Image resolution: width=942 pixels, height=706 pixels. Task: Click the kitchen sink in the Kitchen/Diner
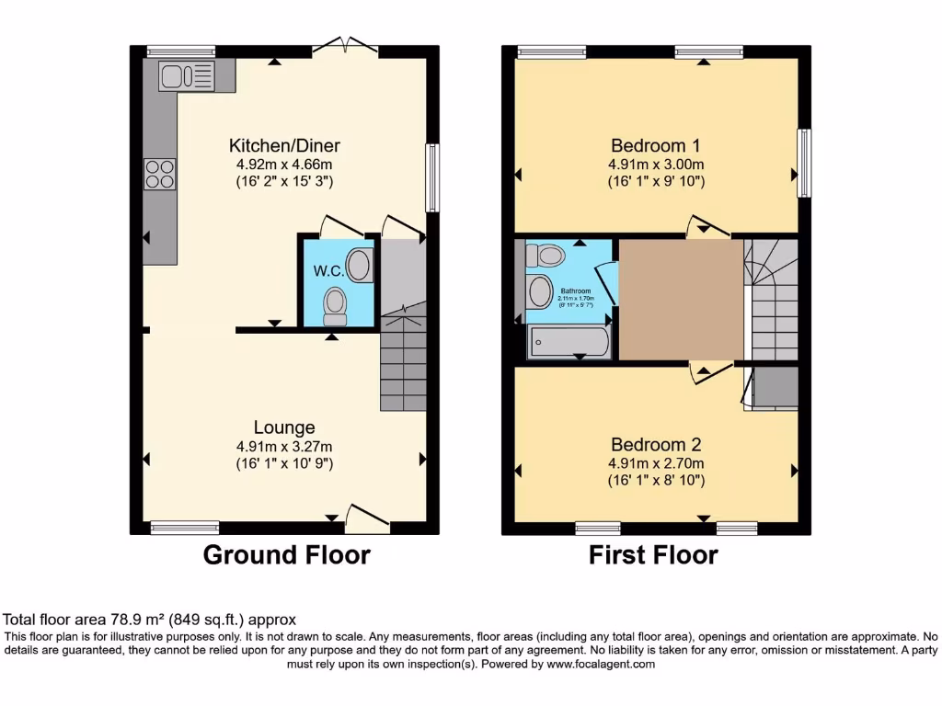(x=187, y=75)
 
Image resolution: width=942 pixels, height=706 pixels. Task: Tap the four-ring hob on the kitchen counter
(x=159, y=174)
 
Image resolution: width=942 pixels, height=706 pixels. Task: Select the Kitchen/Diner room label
(x=284, y=145)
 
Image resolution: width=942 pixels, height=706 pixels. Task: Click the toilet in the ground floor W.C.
(x=335, y=305)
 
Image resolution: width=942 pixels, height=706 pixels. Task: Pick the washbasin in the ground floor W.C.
(x=362, y=264)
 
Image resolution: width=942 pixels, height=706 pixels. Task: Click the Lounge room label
(x=284, y=427)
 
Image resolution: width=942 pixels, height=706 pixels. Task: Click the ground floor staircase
(x=403, y=363)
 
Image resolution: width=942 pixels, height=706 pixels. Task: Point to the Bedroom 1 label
(x=656, y=145)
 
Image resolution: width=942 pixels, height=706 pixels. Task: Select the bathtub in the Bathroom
(x=568, y=343)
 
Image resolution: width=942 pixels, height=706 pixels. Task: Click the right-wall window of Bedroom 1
(x=804, y=164)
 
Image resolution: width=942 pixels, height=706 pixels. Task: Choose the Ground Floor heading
(x=286, y=555)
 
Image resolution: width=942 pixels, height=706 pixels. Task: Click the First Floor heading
(x=653, y=555)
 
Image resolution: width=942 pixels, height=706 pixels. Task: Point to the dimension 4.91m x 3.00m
(x=656, y=165)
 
